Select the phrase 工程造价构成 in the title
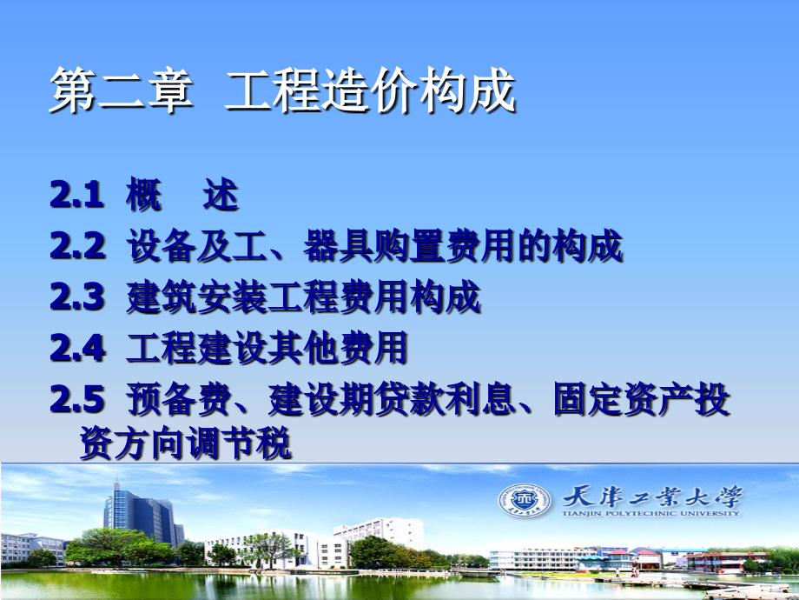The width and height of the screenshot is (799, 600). [x=371, y=93]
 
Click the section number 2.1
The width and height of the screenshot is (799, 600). [x=76, y=197]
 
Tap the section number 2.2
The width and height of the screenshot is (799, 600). [x=76, y=248]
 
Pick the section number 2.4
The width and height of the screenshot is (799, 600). [x=76, y=349]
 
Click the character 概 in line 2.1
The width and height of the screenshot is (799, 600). [x=144, y=197]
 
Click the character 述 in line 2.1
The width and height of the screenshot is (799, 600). [x=221, y=197]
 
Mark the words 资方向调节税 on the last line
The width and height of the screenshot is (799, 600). [x=185, y=444]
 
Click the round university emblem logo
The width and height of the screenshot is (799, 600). [x=524, y=500]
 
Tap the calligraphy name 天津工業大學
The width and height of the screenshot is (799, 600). [x=653, y=496]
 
